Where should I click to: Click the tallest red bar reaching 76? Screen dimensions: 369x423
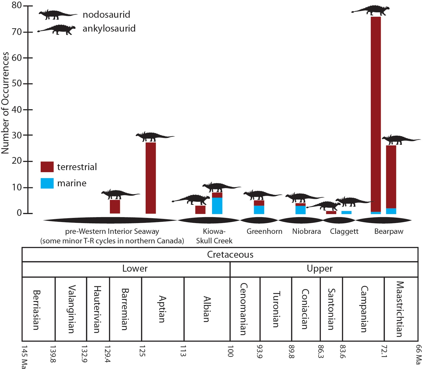[376, 113]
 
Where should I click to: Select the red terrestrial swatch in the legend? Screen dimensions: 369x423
[47, 167]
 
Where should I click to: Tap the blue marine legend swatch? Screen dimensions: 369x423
[47, 183]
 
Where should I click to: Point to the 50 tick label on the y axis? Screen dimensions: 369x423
[17, 83]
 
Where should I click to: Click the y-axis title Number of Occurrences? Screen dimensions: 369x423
[5, 103]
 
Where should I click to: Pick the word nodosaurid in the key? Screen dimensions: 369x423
[106, 15]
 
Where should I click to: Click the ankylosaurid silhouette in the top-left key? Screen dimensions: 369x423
[57, 30]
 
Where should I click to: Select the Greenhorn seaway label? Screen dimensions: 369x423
[264, 231]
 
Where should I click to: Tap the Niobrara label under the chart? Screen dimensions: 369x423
[306, 231]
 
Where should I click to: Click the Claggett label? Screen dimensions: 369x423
[344, 231]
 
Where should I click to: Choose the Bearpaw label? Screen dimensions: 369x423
[389, 231]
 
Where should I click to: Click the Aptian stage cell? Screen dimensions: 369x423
[162, 309]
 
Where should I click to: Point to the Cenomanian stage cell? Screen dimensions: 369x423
[244, 309]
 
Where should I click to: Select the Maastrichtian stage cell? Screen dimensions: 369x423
[400, 309]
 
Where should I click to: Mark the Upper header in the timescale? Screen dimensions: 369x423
[319, 269]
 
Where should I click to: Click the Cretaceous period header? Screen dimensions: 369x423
[230, 254]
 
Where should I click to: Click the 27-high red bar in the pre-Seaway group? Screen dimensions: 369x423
[151, 178]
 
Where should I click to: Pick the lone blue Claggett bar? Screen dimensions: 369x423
[346, 212]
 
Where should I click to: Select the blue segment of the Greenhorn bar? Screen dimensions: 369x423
[259, 210]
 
